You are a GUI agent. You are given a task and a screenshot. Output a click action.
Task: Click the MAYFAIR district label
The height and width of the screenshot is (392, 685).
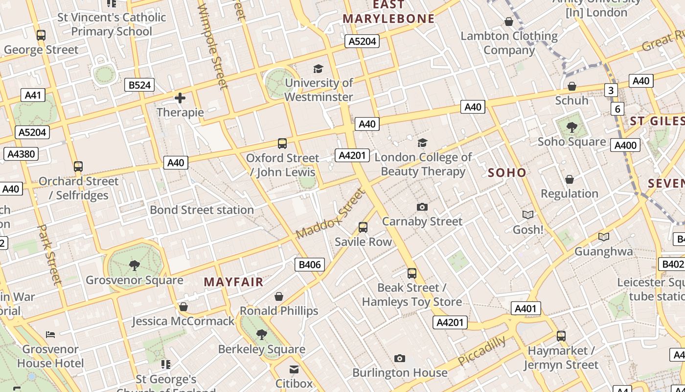tap(233, 282)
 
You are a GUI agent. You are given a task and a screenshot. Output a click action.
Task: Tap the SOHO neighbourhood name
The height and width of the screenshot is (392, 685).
tap(507, 172)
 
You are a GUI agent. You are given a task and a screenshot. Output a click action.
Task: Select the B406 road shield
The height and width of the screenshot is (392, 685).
tap(310, 265)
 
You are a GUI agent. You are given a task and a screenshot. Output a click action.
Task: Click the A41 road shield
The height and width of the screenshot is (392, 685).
tap(33, 95)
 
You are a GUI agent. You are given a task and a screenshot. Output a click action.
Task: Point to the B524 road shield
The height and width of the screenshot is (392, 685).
tap(139, 85)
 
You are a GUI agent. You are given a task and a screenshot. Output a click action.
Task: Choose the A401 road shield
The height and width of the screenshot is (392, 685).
tap(526, 309)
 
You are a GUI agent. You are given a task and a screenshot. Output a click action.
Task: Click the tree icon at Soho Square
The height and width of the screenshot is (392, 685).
tap(571, 127)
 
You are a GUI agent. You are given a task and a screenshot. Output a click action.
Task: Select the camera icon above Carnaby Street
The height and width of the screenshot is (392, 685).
tap(422, 207)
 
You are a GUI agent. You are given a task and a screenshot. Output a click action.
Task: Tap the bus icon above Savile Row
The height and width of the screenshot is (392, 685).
tap(363, 227)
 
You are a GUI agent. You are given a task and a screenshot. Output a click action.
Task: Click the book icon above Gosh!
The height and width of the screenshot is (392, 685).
tap(527, 215)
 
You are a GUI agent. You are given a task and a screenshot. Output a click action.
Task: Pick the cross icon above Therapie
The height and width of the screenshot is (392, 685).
tap(180, 98)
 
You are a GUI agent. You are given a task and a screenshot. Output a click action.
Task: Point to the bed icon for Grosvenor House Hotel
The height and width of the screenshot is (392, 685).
tap(50, 335)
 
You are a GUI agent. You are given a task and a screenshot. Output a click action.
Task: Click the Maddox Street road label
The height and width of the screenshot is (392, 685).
tap(331, 214)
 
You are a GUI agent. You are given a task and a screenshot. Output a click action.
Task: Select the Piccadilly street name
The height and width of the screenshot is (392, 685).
tap(482, 350)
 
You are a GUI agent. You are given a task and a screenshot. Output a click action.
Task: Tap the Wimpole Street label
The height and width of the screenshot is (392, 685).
tap(213, 47)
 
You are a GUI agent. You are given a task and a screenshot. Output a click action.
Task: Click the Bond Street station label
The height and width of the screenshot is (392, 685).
tap(202, 210)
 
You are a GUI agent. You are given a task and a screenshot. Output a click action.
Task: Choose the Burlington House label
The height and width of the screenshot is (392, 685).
tap(400, 373)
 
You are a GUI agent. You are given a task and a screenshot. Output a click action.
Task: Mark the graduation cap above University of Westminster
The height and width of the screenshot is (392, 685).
tap(319, 69)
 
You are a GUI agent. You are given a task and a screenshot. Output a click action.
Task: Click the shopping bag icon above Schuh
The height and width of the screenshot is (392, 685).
tap(571, 87)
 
